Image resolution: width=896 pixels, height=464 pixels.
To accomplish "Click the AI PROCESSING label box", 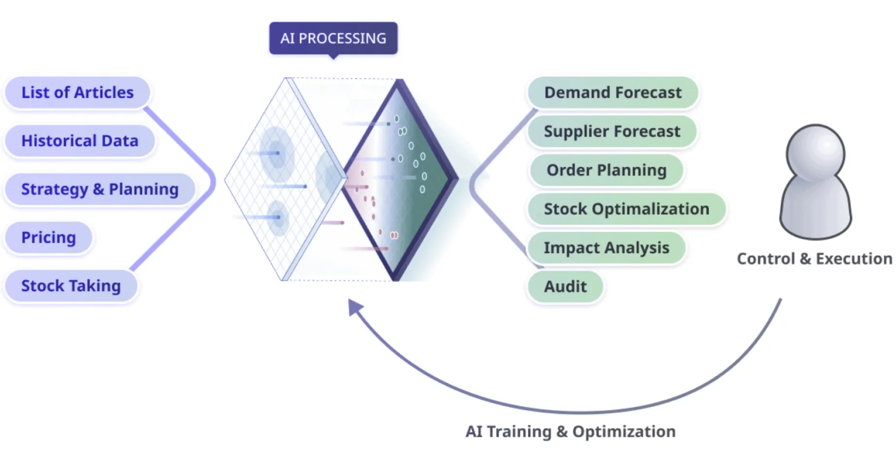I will (333, 38).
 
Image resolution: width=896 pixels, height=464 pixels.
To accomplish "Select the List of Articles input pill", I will (77, 92).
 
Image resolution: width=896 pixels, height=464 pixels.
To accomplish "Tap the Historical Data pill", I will (80, 141).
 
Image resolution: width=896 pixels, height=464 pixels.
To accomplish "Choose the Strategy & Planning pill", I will (100, 189).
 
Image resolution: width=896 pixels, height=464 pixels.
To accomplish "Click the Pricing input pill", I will (49, 237).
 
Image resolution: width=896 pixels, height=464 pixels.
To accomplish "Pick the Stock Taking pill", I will (71, 286).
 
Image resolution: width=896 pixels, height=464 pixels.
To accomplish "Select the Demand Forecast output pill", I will (613, 92).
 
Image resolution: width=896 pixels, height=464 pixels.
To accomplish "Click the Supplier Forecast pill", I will (612, 131).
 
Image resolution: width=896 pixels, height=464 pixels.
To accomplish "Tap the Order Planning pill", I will (606, 170).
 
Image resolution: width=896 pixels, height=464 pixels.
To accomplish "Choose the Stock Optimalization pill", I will (626, 209).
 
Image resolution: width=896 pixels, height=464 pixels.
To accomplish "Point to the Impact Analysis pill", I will (606, 248).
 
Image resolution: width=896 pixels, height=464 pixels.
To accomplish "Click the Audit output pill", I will (565, 286).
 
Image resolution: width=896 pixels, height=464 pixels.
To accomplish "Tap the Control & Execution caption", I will (814, 259).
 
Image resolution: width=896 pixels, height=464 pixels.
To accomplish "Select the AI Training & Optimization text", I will (570, 431).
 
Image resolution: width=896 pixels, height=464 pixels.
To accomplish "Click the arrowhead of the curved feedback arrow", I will (355, 306).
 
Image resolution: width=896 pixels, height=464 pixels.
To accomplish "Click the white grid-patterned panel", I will (273, 180).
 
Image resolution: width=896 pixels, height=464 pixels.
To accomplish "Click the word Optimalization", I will (651, 209).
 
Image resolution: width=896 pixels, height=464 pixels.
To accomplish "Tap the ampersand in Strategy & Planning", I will (98, 189).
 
